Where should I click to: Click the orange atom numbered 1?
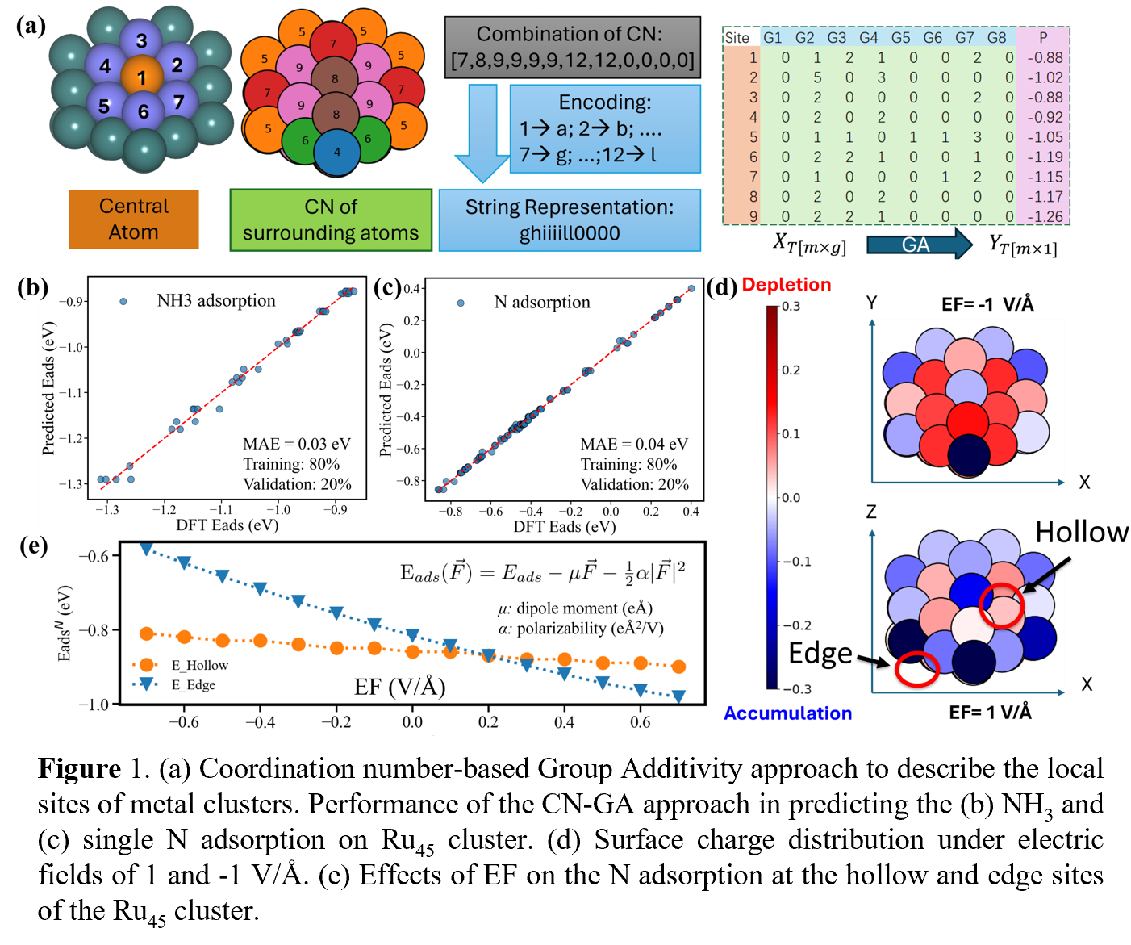[x=142, y=77]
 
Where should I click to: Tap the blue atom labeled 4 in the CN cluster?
[x=336, y=152]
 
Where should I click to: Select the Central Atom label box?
[x=134, y=220]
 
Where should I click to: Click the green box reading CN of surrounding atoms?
[x=331, y=220]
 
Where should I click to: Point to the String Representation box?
[x=570, y=220]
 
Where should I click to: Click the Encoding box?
[x=605, y=129]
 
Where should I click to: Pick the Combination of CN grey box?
[x=573, y=48]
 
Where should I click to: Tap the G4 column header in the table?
[x=869, y=38]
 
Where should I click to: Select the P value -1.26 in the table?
[x=1045, y=216]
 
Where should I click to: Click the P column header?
[x=1043, y=38]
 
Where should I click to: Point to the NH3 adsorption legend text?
[x=215, y=301]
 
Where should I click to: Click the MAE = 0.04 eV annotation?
[x=634, y=444]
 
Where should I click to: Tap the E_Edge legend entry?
[x=193, y=685]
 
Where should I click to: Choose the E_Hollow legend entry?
[x=199, y=665]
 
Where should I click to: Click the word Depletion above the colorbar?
[x=786, y=285]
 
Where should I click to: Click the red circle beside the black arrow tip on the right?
[x=1001, y=605]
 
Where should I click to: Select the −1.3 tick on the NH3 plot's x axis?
[x=106, y=510]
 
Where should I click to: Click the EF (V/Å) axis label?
[x=399, y=687]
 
